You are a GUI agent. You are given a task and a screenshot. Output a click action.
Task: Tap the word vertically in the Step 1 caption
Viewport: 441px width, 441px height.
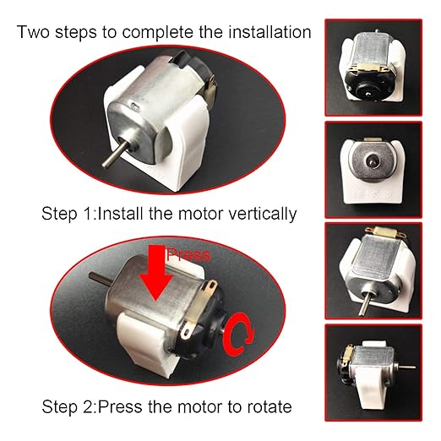tap(256, 214)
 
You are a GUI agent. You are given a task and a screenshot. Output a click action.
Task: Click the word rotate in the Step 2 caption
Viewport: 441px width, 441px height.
tap(267, 406)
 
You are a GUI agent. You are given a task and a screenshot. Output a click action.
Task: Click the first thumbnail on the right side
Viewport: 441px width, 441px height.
tap(373, 64)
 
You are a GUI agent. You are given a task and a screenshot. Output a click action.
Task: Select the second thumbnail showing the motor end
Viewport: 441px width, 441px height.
tap(373, 170)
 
